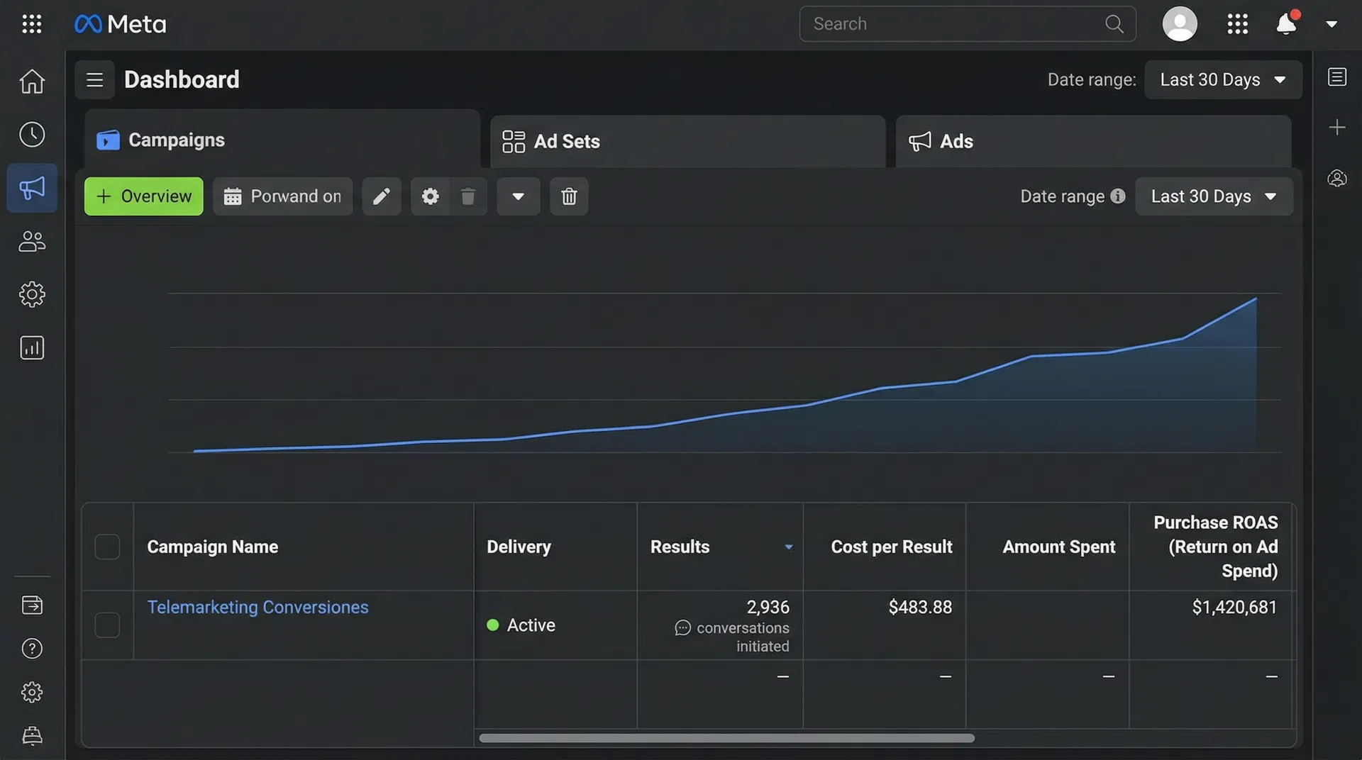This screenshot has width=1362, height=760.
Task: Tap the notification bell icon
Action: tap(1285, 24)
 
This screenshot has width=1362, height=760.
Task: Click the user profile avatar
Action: tap(1179, 24)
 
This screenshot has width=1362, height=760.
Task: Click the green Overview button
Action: tap(143, 196)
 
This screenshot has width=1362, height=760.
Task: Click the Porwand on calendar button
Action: tap(282, 196)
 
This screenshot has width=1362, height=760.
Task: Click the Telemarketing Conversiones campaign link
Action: tap(258, 608)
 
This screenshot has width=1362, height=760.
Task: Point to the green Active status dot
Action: tap(493, 625)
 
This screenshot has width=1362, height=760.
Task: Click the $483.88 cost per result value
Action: tap(920, 608)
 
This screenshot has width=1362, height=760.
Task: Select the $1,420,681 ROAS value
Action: tap(1234, 608)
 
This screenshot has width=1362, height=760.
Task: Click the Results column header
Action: tap(680, 547)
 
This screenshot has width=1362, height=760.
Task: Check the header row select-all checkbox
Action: tap(107, 547)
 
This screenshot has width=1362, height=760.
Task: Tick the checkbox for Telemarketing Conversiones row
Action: tap(107, 625)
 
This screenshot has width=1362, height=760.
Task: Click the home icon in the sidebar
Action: tap(32, 82)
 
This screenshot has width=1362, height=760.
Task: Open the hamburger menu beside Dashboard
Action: tap(94, 80)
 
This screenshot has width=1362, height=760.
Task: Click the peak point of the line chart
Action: tap(1256, 299)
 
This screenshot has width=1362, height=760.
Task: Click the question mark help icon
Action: tap(32, 649)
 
